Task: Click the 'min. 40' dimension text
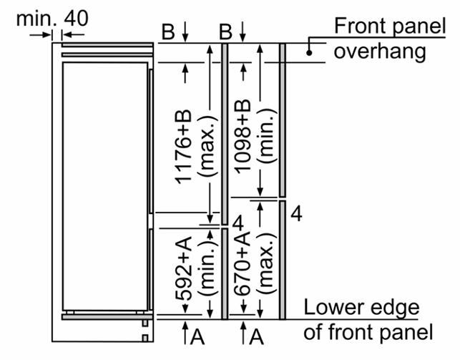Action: click(52, 18)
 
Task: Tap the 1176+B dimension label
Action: click(183, 147)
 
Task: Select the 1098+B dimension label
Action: click(243, 137)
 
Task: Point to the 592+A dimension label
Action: click(183, 269)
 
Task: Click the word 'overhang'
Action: click(380, 52)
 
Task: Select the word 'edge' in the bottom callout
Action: click(395, 308)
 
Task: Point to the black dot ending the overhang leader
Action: click(309, 53)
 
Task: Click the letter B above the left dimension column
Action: click(168, 31)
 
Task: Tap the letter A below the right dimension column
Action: click(256, 336)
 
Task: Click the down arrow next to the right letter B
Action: click(243, 31)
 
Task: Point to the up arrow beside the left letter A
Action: click(185, 332)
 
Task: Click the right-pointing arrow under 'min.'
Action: click(41, 35)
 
